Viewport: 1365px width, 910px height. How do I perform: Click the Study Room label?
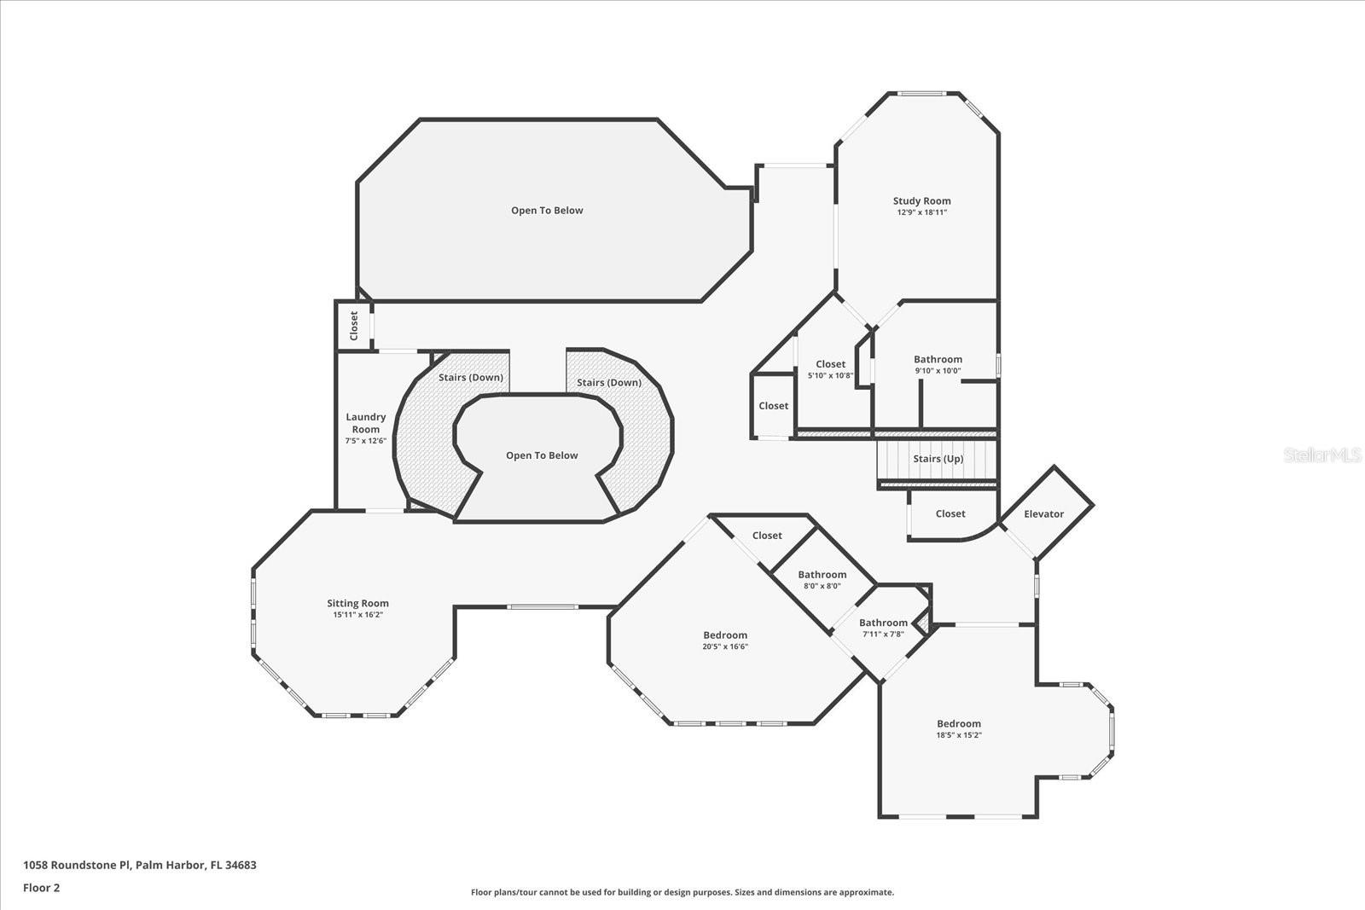click(921, 201)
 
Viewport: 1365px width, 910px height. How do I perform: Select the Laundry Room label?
click(366, 423)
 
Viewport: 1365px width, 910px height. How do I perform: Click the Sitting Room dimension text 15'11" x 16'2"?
click(357, 615)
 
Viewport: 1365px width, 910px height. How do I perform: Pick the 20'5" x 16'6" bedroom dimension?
click(725, 646)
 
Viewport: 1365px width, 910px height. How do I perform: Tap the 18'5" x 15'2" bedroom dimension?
click(959, 734)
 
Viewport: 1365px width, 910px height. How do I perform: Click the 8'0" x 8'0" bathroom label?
click(822, 574)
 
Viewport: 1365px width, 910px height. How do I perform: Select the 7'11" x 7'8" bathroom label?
click(883, 623)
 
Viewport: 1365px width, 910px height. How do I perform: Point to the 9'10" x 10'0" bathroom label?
click(938, 359)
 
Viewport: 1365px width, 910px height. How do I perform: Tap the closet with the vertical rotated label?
click(354, 326)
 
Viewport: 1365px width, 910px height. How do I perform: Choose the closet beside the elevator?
click(951, 514)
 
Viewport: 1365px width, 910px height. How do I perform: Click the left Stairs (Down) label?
click(471, 378)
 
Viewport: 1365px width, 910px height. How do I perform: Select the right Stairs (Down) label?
click(609, 383)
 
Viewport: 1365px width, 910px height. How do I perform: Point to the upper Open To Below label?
click(547, 210)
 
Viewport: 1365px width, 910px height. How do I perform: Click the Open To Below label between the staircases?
click(542, 455)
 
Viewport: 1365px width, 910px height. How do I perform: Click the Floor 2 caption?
click(42, 888)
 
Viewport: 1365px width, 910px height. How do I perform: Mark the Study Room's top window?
click(923, 93)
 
